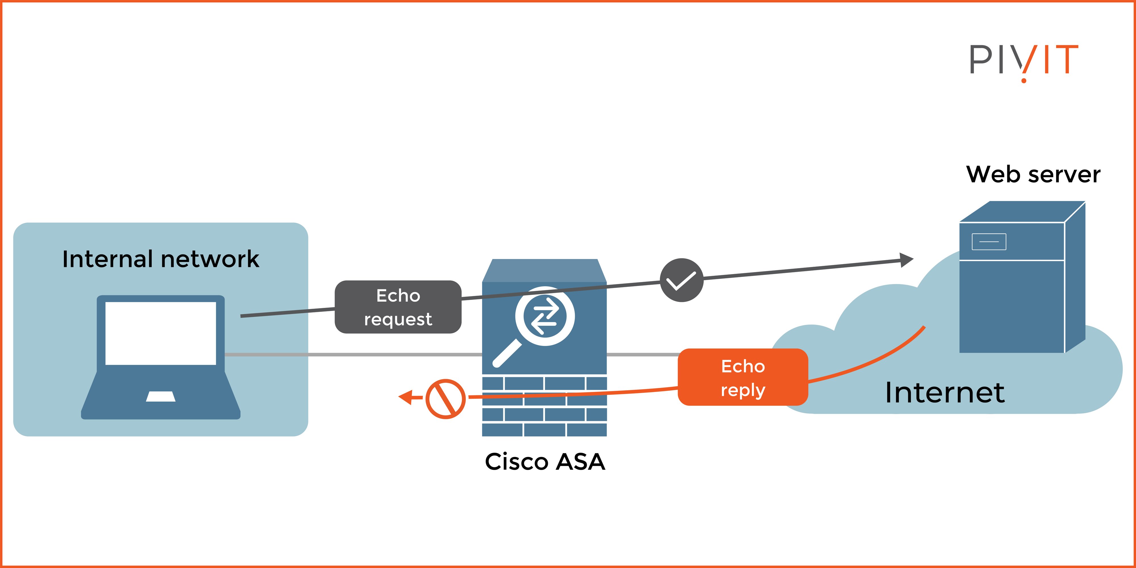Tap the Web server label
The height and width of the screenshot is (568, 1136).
(x=1033, y=174)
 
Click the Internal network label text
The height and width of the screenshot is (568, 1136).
(x=160, y=259)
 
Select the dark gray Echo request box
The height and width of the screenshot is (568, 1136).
(x=398, y=307)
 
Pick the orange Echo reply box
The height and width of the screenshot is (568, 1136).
(x=743, y=377)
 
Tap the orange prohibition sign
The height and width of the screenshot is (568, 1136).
(x=445, y=399)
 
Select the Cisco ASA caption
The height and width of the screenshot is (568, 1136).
(x=545, y=462)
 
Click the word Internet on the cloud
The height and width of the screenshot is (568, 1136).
(x=945, y=392)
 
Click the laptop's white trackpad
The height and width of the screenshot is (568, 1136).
(x=160, y=396)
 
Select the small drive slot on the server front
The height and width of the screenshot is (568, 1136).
(x=989, y=242)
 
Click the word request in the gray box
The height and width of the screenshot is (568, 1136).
(x=398, y=319)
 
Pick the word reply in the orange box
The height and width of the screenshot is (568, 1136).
(x=743, y=390)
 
